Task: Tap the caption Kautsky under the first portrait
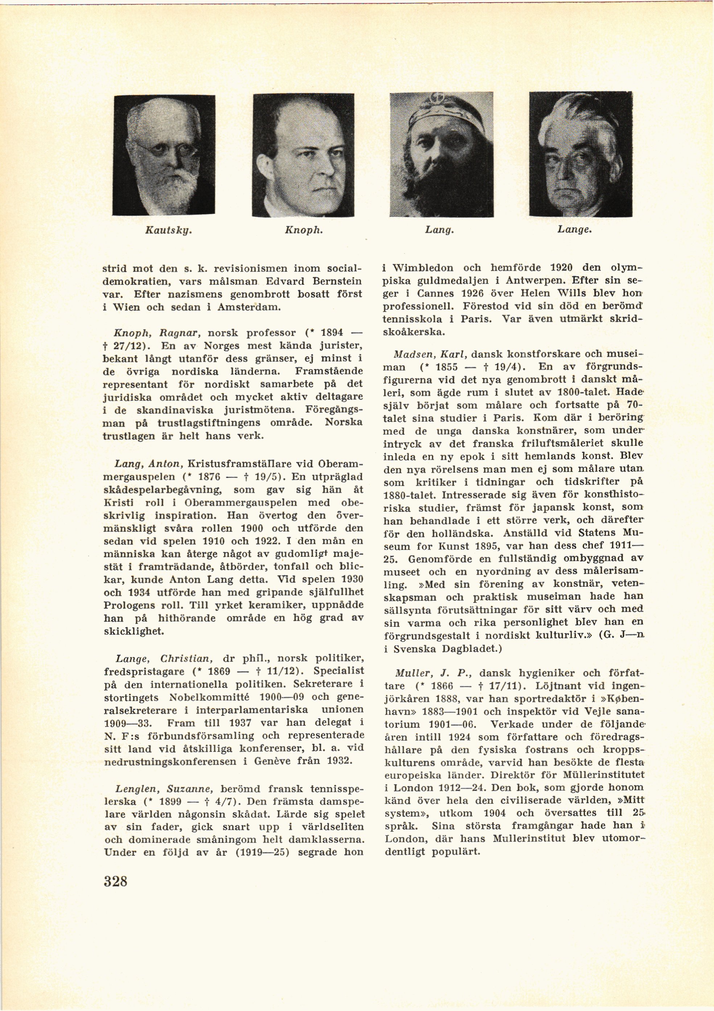pyautogui.click(x=164, y=230)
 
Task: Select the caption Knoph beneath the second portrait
pyautogui.click(x=304, y=230)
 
